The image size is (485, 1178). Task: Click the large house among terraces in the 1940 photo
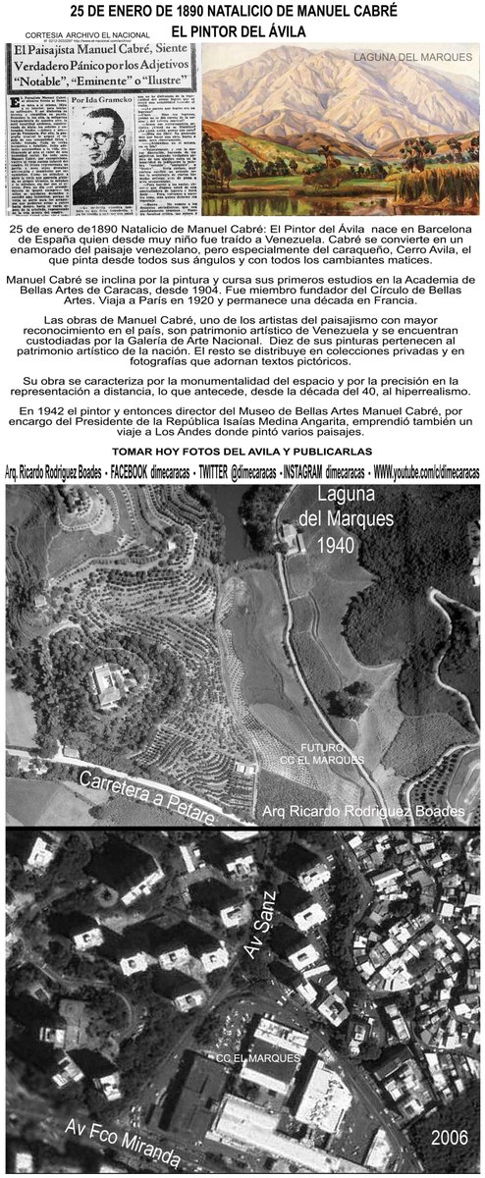[x=106, y=682]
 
